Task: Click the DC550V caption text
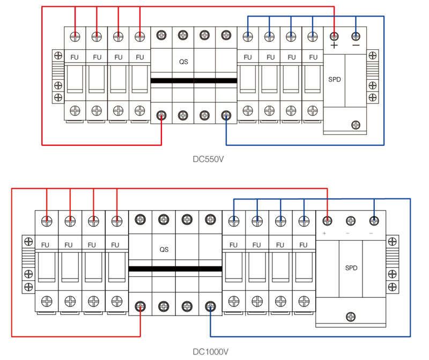click(x=208, y=159)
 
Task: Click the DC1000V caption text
click(x=211, y=351)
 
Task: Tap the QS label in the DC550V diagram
click(x=183, y=61)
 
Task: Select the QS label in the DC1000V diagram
click(x=164, y=249)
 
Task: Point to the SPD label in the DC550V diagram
click(x=334, y=79)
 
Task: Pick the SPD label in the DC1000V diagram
click(x=351, y=267)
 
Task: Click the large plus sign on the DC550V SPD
click(x=334, y=46)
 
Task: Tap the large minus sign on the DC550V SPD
click(x=356, y=46)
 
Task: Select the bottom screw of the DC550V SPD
click(x=356, y=125)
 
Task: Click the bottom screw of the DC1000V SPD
click(x=351, y=316)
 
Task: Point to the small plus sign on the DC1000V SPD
click(x=325, y=234)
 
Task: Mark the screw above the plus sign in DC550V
click(x=334, y=36)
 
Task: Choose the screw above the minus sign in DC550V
click(x=356, y=36)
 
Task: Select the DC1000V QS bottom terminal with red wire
click(x=140, y=306)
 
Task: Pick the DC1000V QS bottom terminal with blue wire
click(x=210, y=306)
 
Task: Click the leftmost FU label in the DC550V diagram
click(x=75, y=57)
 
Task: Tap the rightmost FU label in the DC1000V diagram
click(x=304, y=245)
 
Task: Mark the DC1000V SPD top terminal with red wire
click(x=327, y=220)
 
